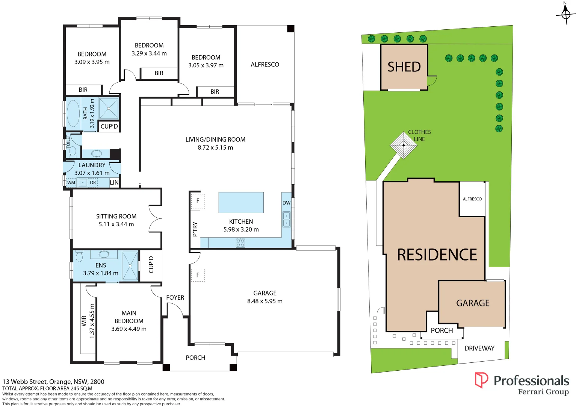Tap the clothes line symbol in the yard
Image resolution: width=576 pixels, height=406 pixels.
[404, 145]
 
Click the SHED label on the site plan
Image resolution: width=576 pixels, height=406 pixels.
[404, 67]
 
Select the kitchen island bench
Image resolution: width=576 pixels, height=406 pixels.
[241, 203]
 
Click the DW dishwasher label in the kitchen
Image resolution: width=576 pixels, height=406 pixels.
[286, 203]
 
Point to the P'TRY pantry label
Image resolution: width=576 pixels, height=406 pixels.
[195, 229]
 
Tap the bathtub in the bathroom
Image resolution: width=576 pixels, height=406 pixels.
[73, 113]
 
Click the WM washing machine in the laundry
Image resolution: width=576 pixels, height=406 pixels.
[71, 183]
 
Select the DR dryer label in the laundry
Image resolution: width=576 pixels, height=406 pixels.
[93, 183]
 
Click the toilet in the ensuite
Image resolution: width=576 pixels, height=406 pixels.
[79, 256]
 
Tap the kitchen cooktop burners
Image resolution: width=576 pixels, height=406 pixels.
[240, 243]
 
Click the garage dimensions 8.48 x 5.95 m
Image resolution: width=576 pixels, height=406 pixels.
[265, 301]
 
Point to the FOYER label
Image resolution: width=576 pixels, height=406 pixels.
[175, 297]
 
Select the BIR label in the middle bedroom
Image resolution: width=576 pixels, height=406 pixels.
[159, 73]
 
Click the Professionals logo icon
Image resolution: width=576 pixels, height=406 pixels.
[481, 380]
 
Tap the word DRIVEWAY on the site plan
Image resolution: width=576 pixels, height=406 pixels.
[479, 348]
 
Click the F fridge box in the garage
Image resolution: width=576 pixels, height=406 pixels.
[198, 275]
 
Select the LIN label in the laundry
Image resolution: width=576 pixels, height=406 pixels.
[114, 183]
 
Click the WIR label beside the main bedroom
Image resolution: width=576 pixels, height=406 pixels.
[84, 321]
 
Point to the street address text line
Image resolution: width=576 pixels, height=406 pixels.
[53, 382]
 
